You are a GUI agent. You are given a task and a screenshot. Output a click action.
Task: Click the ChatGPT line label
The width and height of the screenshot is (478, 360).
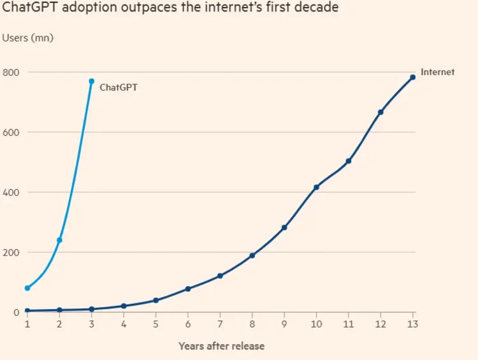[119, 88]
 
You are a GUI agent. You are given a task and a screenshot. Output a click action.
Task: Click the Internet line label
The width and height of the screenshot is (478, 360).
[438, 72]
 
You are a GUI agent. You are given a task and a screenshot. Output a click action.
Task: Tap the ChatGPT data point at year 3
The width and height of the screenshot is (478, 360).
[92, 82]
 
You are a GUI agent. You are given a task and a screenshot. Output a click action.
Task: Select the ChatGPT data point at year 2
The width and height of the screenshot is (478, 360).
[59, 240]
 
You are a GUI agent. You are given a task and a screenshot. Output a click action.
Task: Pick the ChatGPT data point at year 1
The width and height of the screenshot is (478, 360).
[27, 288]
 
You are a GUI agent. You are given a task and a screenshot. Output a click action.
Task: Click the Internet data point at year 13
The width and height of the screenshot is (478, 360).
[413, 77]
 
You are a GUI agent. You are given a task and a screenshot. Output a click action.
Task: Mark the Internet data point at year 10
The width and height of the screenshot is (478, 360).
[316, 187]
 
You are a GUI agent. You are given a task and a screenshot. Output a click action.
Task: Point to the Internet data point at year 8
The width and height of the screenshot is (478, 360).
[252, 256]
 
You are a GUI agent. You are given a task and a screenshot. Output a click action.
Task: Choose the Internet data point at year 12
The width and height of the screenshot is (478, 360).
[380, 112]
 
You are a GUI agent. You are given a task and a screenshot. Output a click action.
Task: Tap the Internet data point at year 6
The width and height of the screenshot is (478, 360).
[188, 289]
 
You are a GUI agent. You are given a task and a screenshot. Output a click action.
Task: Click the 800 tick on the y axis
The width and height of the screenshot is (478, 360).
[11, 72]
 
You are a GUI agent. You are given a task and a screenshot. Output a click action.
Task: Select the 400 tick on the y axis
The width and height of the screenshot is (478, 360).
[11, 192]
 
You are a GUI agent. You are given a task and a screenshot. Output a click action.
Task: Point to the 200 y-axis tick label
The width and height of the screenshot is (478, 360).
[11, 252]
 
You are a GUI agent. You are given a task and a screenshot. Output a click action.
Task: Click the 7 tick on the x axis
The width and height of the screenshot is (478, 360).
[220, 324]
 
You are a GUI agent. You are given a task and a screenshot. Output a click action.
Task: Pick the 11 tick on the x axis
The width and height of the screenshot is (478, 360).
[348, 324]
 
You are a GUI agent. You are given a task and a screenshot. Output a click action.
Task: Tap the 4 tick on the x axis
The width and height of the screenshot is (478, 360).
[124, 324]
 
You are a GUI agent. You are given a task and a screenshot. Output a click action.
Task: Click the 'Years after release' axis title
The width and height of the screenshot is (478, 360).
[221, 346]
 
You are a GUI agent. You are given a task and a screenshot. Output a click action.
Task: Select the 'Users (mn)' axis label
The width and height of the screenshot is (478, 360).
[28, 38]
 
